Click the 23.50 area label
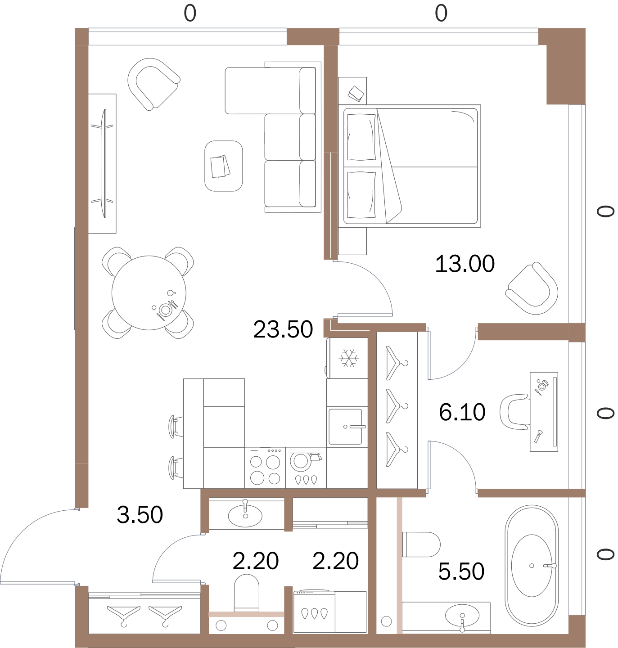tap(283, 329)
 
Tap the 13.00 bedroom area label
tap(465, 264)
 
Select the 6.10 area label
tap(462, 412)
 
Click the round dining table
tap(149, 292)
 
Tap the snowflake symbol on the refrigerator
tap(349, 358)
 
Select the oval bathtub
tap(532, 566)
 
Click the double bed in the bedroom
tap(409, 166)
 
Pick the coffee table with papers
tap(224, 166)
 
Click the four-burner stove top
tap(265, 468)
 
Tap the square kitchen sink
tap(345, 427)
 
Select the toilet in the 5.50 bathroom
tap(421, 544)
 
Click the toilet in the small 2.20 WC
tap(246, 593)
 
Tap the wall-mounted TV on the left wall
tap(104, 163)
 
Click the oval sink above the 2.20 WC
tap(245, 516)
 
